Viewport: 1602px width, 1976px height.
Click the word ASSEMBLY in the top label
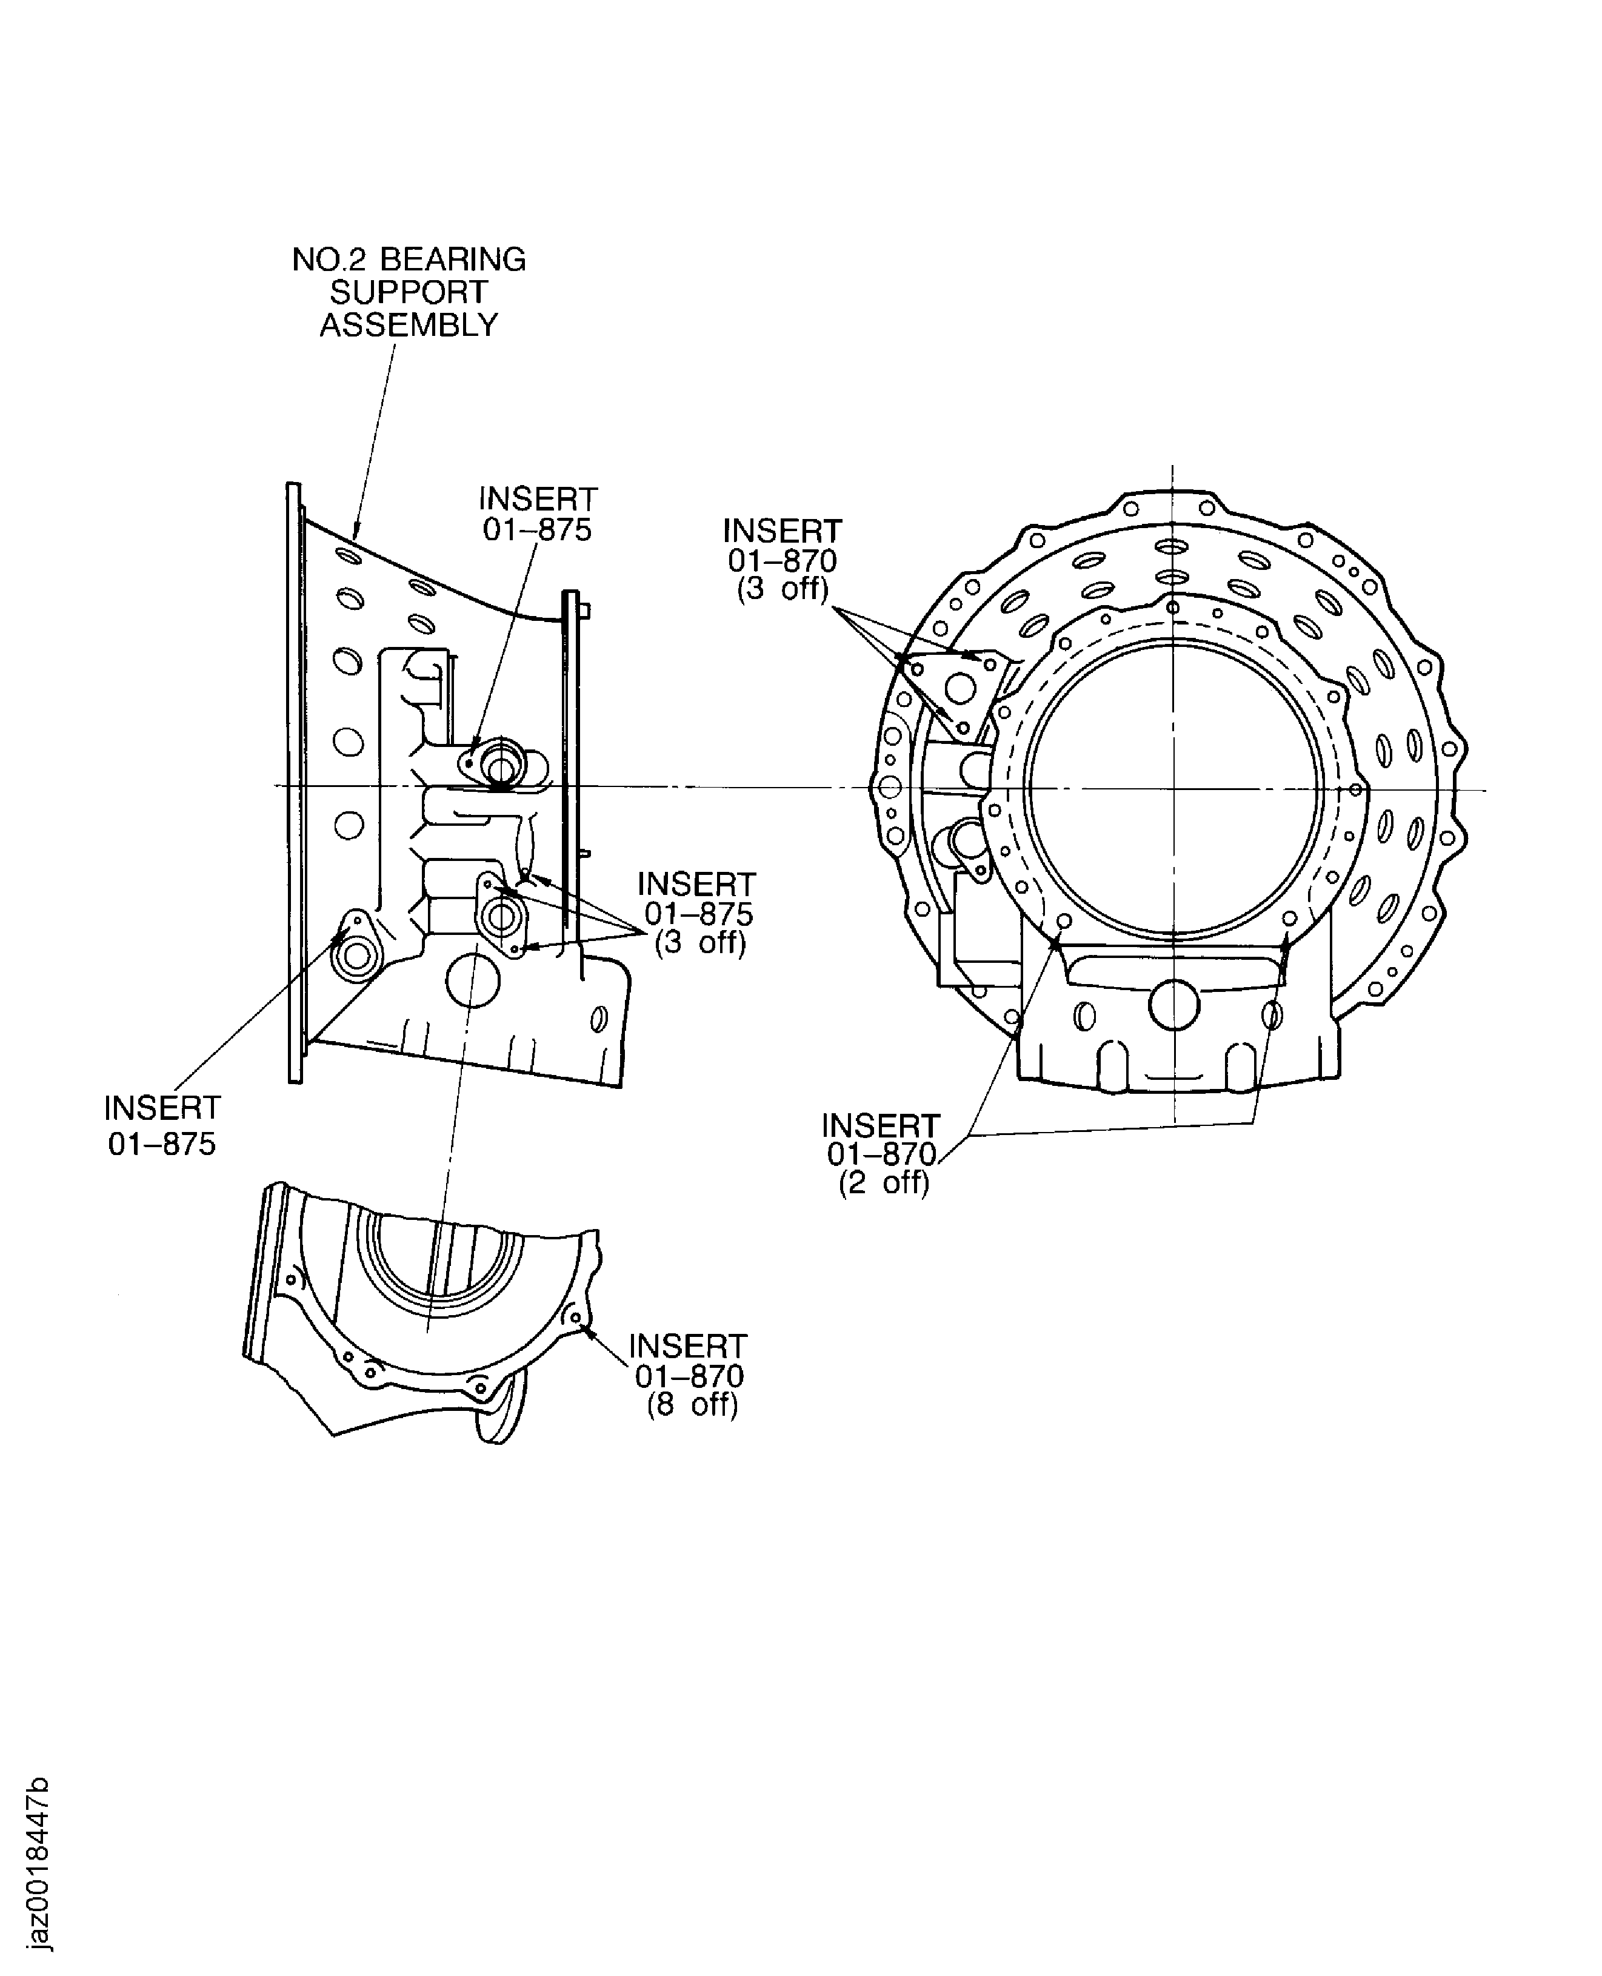pos(409,326)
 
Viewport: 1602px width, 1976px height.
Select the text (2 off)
pos(883,1183)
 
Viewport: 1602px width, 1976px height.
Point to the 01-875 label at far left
pos(162,1145)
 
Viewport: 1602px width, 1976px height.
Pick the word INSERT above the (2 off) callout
pos(880,1126)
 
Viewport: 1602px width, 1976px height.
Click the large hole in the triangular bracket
pos(961,689)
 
